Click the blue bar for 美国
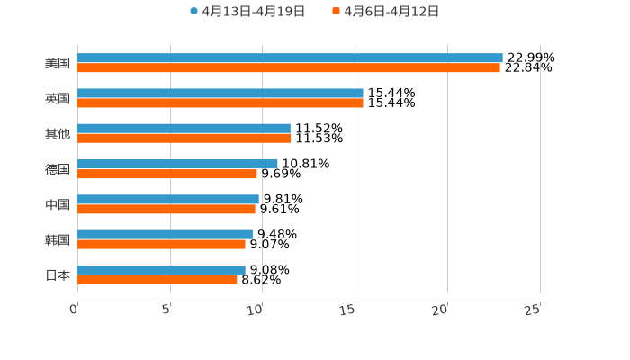[290, 58]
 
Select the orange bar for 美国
[289, 67]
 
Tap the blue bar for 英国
[220, 93]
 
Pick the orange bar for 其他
[184, 139]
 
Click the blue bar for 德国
[177, 164]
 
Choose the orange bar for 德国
[167, 174]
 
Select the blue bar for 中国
[168, 199]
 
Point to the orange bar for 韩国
[161, 244]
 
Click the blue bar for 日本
[161, 269]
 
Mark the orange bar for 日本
[157, 279]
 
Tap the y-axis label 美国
[57, 63]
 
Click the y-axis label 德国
[57, 169]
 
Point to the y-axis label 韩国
[57, 239]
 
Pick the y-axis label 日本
[57, 274]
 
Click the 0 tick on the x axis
[74, 310]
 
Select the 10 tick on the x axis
[256, 310]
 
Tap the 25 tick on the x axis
[533, 310]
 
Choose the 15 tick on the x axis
[349, 310]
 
